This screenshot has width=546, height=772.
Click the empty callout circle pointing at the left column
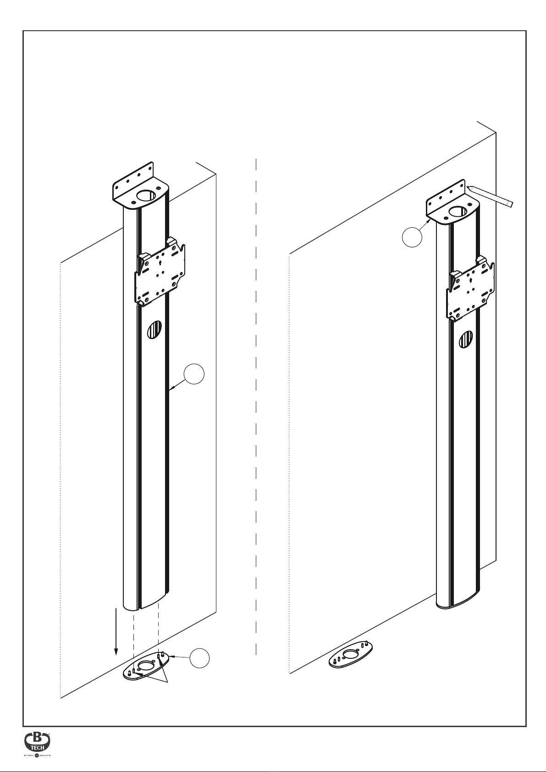(x=194, y=374)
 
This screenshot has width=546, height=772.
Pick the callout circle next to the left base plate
(x=200, y=657)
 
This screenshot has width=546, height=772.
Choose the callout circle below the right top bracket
(x=412, y=237)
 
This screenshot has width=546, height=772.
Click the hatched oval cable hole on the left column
(x=154, y=329)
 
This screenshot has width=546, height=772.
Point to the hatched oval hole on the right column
(x=466, y=339)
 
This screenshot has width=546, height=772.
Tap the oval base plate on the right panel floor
(x=351, y=655)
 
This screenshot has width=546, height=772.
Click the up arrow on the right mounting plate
(x=471, y=279)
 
